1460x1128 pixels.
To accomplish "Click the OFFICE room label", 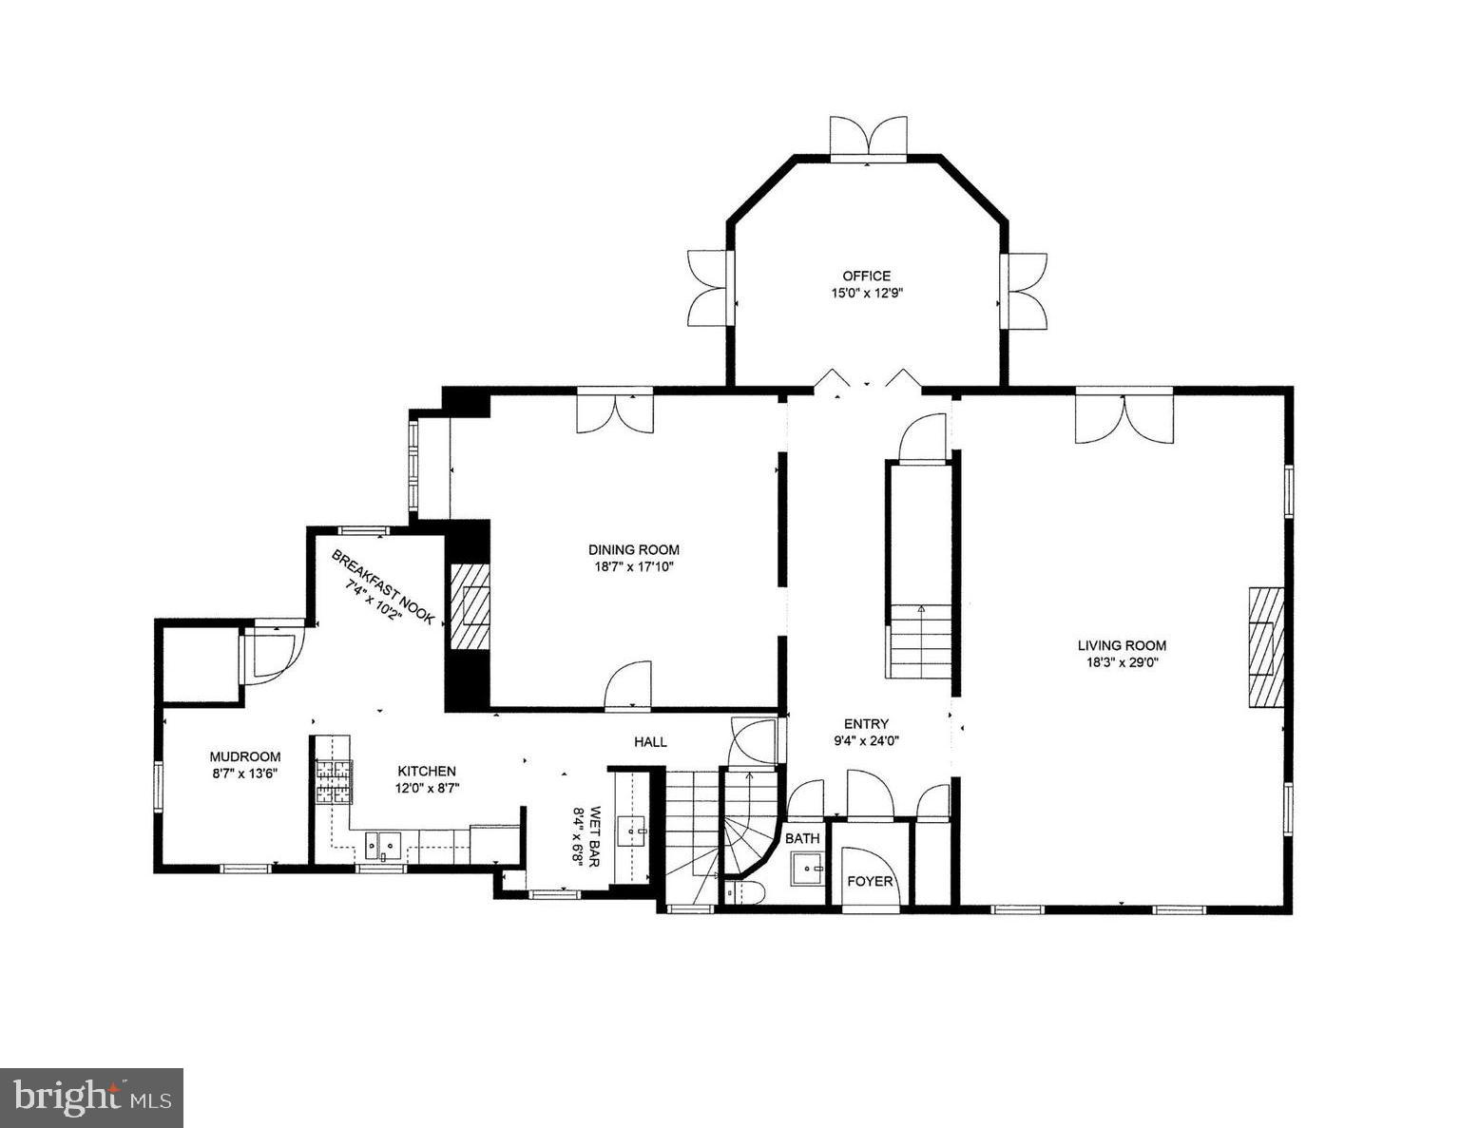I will [866, 277].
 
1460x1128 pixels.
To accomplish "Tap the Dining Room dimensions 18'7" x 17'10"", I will [633, 567].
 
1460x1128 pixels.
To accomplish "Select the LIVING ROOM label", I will [1122, 646].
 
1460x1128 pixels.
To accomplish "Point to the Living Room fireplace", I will [1265, 646].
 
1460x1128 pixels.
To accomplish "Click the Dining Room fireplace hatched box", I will [469, 607].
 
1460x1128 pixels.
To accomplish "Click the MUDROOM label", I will [245, 757].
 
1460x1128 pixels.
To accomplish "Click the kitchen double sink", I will [385, 843].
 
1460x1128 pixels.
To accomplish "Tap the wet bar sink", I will [632, 832].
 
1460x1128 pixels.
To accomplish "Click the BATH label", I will [801, 839].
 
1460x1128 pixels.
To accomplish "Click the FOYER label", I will [870, 882].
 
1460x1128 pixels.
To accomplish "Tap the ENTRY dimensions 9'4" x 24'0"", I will [866, 741].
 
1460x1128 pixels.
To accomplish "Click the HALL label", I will [651, 741].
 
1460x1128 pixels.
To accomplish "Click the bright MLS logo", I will [91, 1098].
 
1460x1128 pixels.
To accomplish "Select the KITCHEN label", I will [426, 772].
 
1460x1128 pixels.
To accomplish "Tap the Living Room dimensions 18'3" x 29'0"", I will [1122, 663].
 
